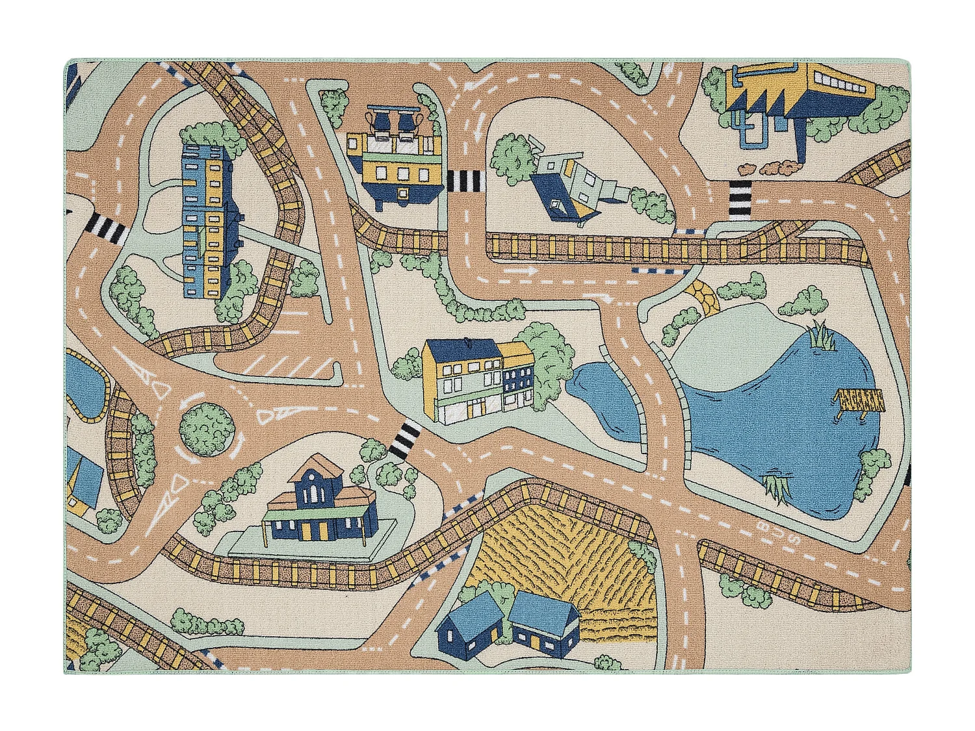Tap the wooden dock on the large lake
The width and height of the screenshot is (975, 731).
click(x=860, y=402)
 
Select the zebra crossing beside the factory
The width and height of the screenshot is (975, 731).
click(x=738, y=198)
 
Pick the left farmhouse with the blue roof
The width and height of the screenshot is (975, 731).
click(x=469, y=624)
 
